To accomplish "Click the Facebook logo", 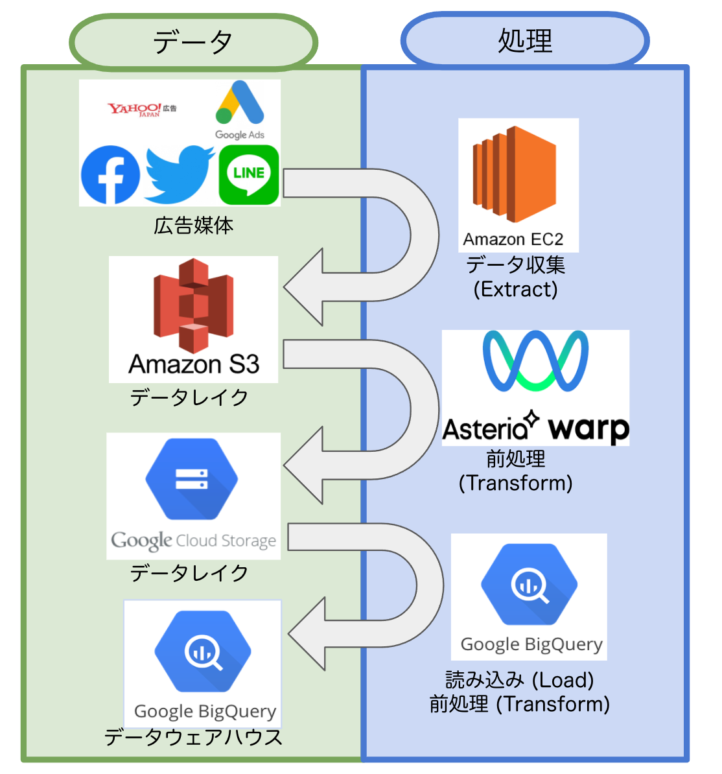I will (x=110, y=175).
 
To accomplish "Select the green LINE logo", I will (x=249, y=174).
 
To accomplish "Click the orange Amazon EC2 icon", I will (x=515, y=175).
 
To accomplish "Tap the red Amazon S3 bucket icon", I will (x=193, y=305).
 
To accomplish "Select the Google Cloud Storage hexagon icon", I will (x=192, y=479).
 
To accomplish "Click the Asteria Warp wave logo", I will (x=535, y=361).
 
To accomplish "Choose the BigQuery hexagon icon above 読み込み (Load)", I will (x=529, y=585).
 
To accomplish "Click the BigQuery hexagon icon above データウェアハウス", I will (x=203, y=651).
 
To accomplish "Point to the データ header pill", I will (x=193, y=42).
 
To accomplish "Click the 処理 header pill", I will (x=525, y=41).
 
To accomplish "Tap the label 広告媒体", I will (x=193, y=226).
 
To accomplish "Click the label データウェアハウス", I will (x=193, y=738).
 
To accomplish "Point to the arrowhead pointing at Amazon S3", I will (x=303, y=287).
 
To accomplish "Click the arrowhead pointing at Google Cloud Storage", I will (x=303, y=465).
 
